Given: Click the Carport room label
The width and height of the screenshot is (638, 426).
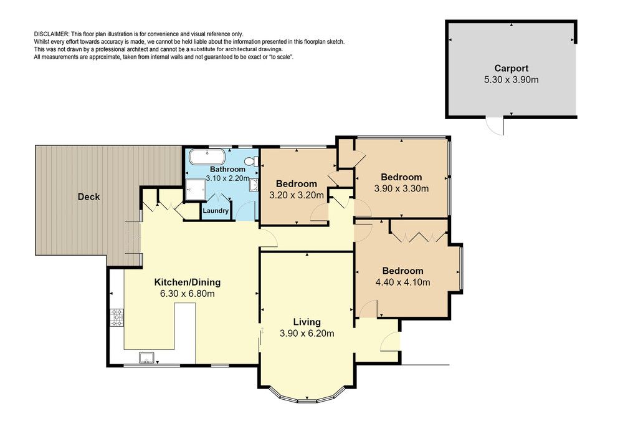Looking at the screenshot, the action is [x=511, y=69].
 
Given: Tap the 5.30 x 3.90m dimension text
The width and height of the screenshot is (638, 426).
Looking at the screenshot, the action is [x=511, y=80].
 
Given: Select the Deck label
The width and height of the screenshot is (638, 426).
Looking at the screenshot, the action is [x=88, y=196].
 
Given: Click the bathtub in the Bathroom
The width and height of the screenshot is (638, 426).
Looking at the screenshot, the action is [x=207, y=157].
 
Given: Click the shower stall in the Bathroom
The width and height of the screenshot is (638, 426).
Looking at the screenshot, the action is [x=196, y=190].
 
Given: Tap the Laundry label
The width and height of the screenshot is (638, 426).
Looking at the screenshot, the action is [x=216, y=211].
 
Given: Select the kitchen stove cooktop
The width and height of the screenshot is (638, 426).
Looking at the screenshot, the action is [x=117, y=317].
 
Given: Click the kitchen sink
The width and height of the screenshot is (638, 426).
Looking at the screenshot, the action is [x=146, y=357].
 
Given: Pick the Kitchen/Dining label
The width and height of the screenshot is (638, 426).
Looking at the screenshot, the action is [x=187, y=282].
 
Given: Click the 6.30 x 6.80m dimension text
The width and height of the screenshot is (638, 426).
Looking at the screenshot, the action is [x=187, y=294].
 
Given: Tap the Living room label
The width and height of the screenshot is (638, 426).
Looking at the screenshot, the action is [x=307, y=322].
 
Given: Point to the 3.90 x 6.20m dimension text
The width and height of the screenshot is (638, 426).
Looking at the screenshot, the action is [x=307, y=334].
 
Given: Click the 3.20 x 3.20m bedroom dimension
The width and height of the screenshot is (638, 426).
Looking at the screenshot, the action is [x=296, y=195].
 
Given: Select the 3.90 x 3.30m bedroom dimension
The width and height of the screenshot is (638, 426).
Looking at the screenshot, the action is [x=401, y=188].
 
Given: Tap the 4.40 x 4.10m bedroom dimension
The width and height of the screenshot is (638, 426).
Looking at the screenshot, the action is [x=402, y=283].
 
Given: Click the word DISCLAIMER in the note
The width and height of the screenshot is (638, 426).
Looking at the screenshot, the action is [x=52, y=34].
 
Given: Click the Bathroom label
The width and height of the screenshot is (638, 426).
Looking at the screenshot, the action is [x=227, y=169].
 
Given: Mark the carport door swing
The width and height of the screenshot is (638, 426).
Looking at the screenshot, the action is [x=495, y=126].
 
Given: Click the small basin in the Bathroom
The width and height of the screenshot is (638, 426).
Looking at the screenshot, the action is [x=254, y=185].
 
